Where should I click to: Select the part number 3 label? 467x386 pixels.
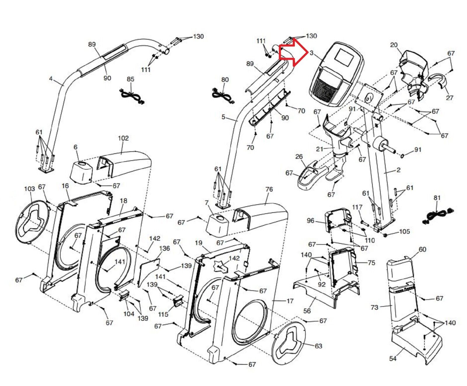coord(312,53)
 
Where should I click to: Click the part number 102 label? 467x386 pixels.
coord(123,138)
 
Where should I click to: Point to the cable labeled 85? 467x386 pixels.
coord(132,96)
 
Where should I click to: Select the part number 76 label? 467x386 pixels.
coord(269,189)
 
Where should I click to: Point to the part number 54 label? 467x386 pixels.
coord(393,358)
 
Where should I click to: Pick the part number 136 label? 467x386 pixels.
coord(164,248)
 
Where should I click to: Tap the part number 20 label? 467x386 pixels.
coord(394,45)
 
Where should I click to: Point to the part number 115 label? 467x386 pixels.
coord(163,314)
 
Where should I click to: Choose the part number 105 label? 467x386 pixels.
coord(405,231)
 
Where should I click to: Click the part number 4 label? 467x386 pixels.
coord(51,79)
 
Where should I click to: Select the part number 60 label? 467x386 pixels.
coord(422,250)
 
